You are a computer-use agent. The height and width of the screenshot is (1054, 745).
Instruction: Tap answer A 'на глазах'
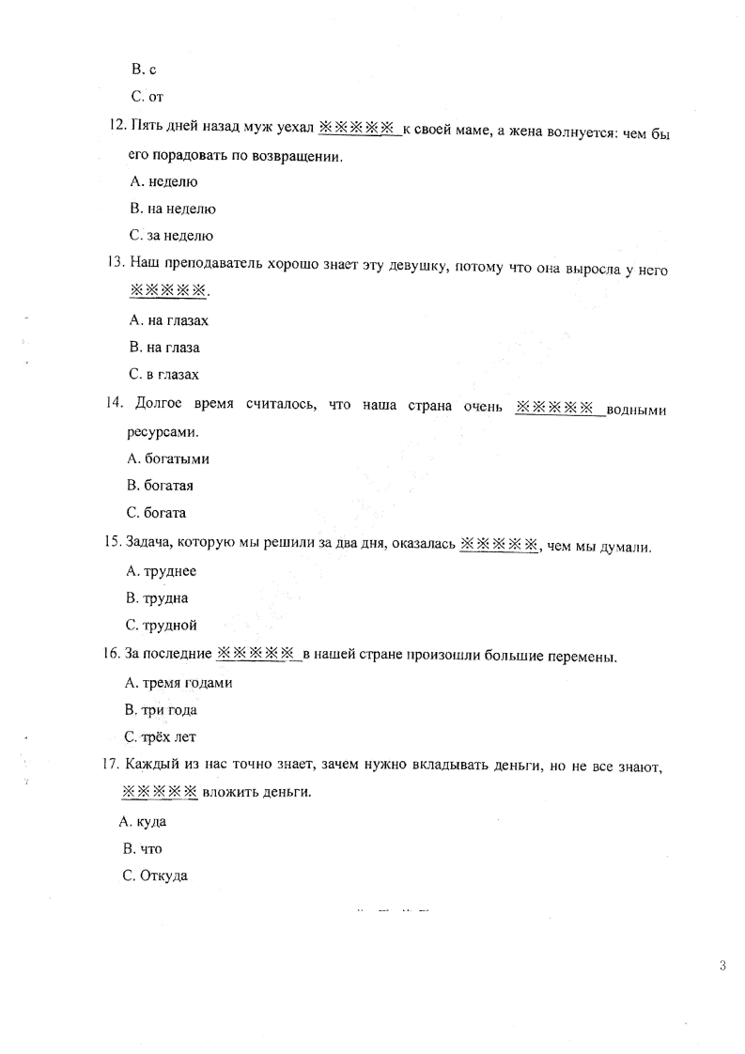pyautogui.click(x=169, y=320)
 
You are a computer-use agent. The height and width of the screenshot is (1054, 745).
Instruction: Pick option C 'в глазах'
pyautogui.click(x=164, y=375)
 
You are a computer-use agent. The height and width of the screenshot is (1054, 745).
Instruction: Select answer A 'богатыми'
pyautogui.click(x=167, y=459)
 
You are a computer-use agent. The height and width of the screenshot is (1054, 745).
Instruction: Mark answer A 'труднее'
pyautogui.click(x=161, y=570)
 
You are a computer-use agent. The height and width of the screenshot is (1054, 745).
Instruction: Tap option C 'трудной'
pyautogui.click(x=161, y=625)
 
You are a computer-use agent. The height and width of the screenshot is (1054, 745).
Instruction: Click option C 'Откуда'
pyautogui.click(x=155, y=876)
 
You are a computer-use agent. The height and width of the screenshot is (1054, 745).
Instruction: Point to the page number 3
pyautogui.click(x=722, y=966)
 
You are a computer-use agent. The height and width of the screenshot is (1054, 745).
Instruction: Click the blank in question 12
pyautogui.click(x=359, y=128)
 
